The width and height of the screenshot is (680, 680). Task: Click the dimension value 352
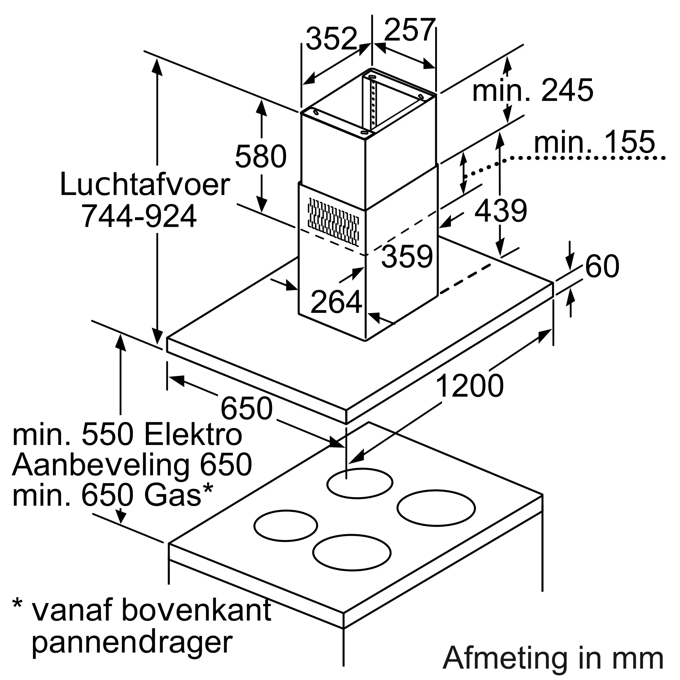click(331, 39)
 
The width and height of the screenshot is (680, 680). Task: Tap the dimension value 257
click(410, 30)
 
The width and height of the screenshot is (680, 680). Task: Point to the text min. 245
click(532, 91)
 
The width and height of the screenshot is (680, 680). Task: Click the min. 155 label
click(594, 142)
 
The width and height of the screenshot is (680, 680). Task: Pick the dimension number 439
click(500, 210)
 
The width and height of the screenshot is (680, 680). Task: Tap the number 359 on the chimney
click(407, 257)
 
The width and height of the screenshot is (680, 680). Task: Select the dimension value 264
click(336, 302)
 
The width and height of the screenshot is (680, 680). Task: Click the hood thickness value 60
click(602, 267)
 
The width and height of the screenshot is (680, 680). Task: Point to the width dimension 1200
click(470, 386)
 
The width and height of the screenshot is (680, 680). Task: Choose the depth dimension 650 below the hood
click(247, 408)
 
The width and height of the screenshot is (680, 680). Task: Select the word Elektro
click(193, 436)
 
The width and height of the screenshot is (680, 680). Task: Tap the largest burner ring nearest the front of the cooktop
click(352, 562)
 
